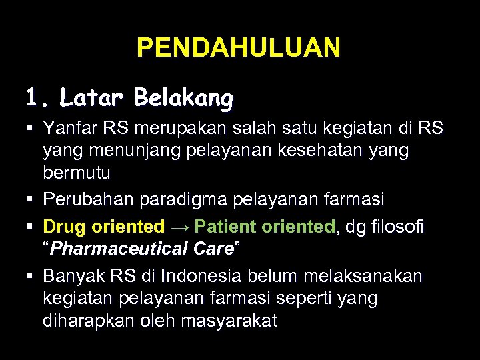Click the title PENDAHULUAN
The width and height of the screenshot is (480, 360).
239,48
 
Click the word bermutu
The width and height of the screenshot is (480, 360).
77,173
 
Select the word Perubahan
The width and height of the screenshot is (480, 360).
84,199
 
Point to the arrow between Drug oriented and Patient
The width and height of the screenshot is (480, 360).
180,227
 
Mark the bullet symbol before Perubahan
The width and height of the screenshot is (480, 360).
31,200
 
